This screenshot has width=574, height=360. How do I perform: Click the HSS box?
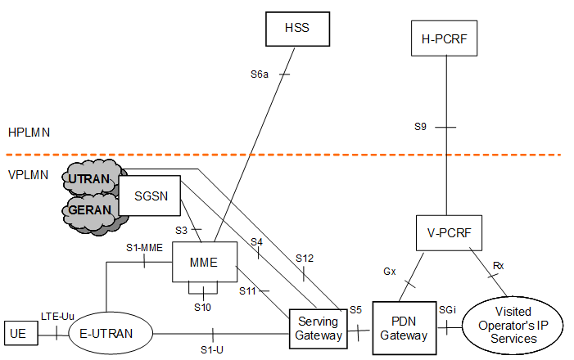pyautogui.click(x=296, y=30)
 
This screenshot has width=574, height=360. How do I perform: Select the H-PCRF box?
pyautogui.click(x=443, y=38)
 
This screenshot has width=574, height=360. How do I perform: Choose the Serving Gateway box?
pyautogui.click(x=318, y=328)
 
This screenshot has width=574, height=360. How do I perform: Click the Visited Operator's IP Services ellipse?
pyautogui.click(x=513, y=325)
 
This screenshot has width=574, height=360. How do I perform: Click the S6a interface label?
pyautogui.click(x=260, y=74)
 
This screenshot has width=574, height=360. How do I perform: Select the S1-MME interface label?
pyautogui.click(x=142, y=247)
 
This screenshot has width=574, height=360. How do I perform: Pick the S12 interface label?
pyautogui.click(x=304, y=258)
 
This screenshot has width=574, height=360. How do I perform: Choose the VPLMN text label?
pyautogui.click(x=29, y=174)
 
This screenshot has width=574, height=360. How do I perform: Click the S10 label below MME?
pyautogui.click(x=203, y=307)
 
